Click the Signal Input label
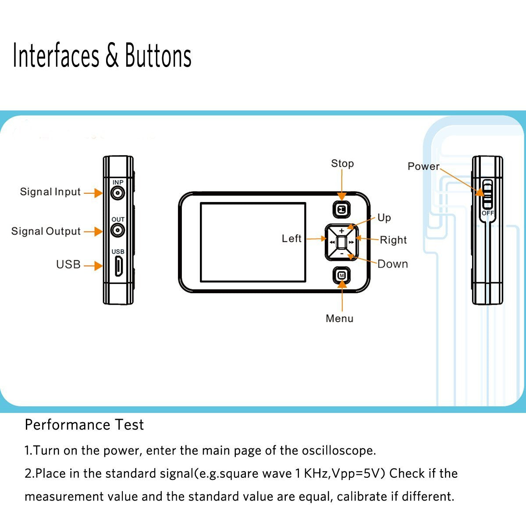[50, 192]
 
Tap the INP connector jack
[117, 192]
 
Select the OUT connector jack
[117, 230]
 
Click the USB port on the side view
[118, 266]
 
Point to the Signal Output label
[46, 231]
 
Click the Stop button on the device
[342, 210]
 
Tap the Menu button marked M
[342, 275]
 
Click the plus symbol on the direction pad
[342, 231]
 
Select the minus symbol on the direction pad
[342, 253]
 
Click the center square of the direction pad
[342, 242]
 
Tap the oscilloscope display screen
[253, 242]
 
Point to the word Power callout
[423, 167]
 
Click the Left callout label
[291, 238]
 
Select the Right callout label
[393, 240]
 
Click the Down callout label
[393, 264]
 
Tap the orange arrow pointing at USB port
[93, 266]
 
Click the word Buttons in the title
[158, 56]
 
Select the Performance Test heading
[84, 425]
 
